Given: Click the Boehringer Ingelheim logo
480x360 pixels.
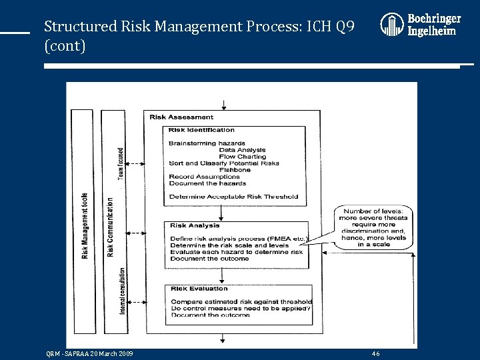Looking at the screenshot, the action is click(x=420, y=25).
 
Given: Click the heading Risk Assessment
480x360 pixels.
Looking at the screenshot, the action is click(x=181, y=117).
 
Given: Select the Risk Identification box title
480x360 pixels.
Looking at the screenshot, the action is click(x=201, y=130).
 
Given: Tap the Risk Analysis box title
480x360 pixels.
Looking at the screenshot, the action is click(x=195, y=225).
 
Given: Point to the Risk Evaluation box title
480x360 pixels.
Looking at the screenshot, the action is click(x=199, y=289).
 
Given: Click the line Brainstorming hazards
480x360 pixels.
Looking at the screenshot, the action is click(x=207, y=143).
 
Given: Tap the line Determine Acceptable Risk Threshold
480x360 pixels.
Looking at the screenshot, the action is click(x=233, y=197).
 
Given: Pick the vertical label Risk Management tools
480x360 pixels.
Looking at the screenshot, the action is click(x=85, y=227).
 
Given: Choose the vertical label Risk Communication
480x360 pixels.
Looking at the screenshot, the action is click(x=110, y=227).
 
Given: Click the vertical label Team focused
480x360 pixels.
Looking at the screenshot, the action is click(x=121, y=163).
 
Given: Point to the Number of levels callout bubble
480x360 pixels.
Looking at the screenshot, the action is click(x=375, y=227).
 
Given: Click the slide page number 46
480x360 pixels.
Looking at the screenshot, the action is click(x=376, y=353).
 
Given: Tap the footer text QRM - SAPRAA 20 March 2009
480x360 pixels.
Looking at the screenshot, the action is click(x=90, y=353).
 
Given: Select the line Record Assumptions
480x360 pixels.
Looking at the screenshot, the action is click(x=204, y=177).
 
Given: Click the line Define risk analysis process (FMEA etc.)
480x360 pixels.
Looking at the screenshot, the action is click(x=237, y=239).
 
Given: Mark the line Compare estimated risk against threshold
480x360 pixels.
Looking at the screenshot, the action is click(x=241, y=302).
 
